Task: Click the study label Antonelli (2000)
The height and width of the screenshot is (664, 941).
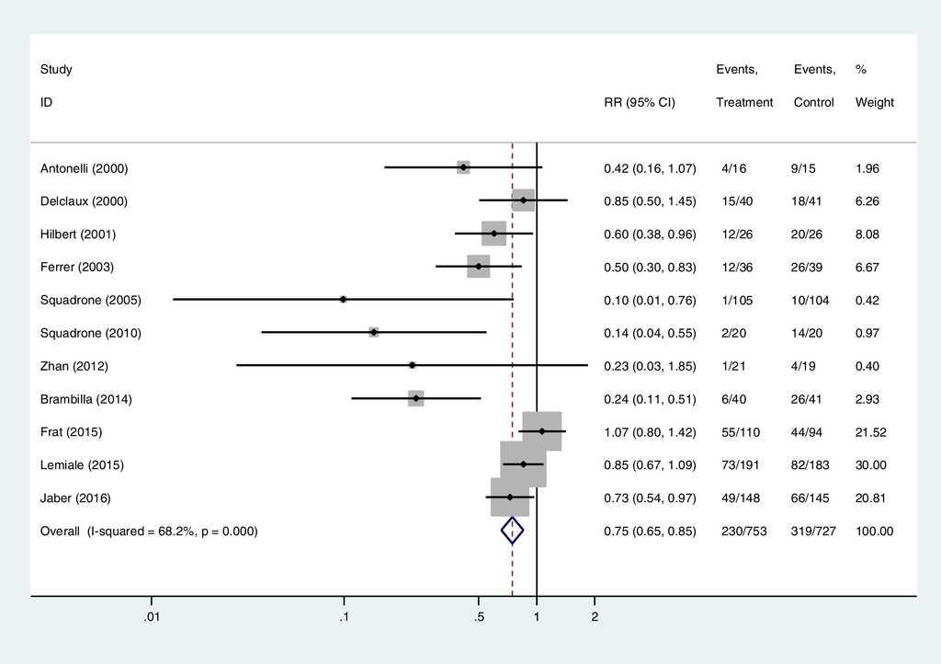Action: pos(85,168)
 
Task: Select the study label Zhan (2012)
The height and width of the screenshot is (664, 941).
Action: pos(74,366)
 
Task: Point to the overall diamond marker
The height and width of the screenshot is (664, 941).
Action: pos(512,531)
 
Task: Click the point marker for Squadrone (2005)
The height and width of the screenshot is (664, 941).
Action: pos(343,299)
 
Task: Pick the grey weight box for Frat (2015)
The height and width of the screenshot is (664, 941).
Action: pos(541,431)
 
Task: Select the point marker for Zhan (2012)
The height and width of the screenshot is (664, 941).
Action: pos(413,365)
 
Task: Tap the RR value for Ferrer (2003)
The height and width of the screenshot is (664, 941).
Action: pos(650,267)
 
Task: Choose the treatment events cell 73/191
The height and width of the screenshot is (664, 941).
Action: pos(741,465)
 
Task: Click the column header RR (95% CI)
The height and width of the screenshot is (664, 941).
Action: pos(640,103)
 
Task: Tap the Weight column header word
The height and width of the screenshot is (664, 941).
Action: pos(874,103)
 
